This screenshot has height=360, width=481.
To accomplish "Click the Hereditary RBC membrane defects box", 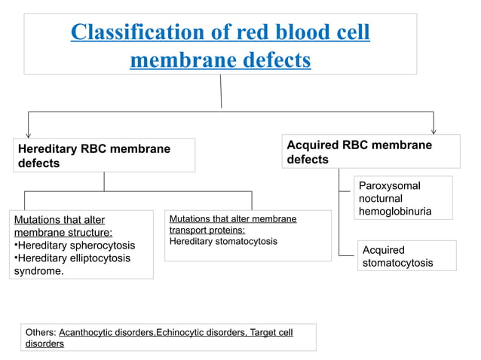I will click(104, 155).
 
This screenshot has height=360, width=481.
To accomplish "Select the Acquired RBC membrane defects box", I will click(372, 151).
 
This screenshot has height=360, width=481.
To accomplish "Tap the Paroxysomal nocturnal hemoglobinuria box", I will click(403, 198).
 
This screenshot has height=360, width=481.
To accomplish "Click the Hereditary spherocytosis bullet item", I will click(75, 246).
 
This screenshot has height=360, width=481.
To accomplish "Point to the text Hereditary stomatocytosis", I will click(223, 242).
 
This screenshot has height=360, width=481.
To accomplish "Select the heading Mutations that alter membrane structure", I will click(63, 226).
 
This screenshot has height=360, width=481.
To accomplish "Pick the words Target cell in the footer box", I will click(271, 332).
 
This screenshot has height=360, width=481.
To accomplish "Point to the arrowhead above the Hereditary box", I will click(29, 134).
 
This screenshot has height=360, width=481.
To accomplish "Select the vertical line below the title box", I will click(221, 91).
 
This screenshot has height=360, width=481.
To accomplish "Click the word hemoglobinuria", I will click(395, 212).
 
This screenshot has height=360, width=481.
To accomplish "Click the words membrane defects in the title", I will click(220, 59).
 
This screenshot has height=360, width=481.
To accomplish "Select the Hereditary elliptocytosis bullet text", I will click(75, 258).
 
